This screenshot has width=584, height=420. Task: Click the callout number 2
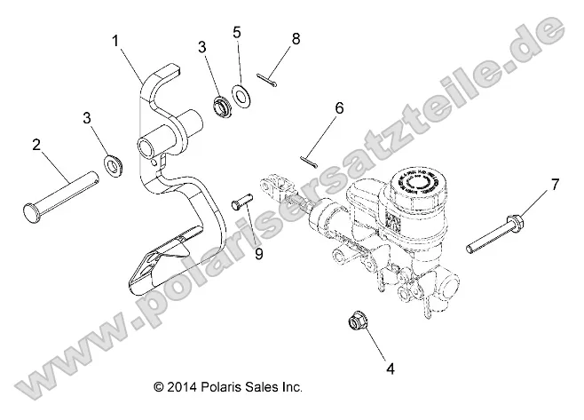(37, 142)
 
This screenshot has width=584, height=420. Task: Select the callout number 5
(236, 33)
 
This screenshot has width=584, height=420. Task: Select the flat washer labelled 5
(241, 94)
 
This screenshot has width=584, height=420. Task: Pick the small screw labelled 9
(241, 204)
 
